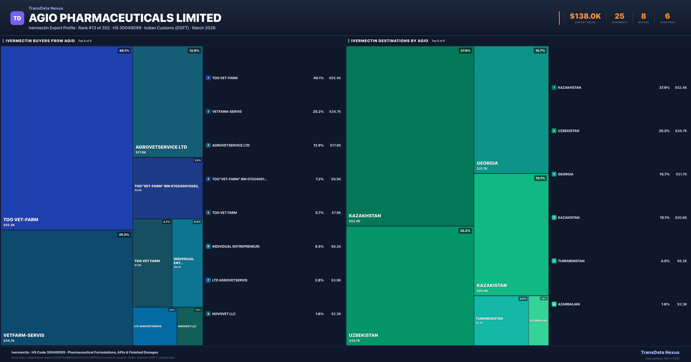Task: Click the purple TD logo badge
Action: pos(17,18)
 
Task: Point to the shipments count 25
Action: pos(619,16)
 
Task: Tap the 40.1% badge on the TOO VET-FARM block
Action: pos(124,51)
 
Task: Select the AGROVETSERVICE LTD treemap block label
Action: pos(161,147)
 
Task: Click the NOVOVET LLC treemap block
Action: pos(190,326)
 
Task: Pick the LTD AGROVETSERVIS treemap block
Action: pos(154,326)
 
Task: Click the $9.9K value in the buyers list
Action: pos(336,179)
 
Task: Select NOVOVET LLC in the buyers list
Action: pos(224,314)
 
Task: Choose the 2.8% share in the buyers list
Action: pos(319,280)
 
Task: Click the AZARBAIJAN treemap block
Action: pos(538,320)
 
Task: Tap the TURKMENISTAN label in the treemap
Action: pos(489,318)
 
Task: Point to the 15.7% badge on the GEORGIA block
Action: pos(540,51)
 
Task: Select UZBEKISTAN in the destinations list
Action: pos(568,131)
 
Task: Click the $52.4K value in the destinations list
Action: pos(681,87)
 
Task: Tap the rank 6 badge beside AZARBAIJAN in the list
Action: pos(554,304)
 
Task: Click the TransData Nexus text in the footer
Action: pos(660,352)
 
